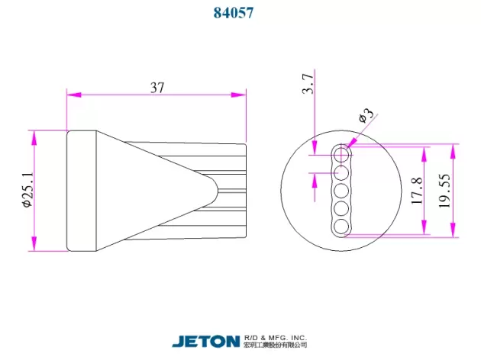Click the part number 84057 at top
coord(234,13)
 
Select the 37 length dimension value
coord(157,88)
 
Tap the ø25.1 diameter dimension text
coord(27,190)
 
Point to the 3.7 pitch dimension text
coord(308,83)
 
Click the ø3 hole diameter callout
coord(366,114)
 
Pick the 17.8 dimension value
coord(417,191)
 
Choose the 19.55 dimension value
coord(445,191)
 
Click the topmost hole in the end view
coord(341,155)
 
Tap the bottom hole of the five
coord(341,227)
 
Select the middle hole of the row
coord(341,191)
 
